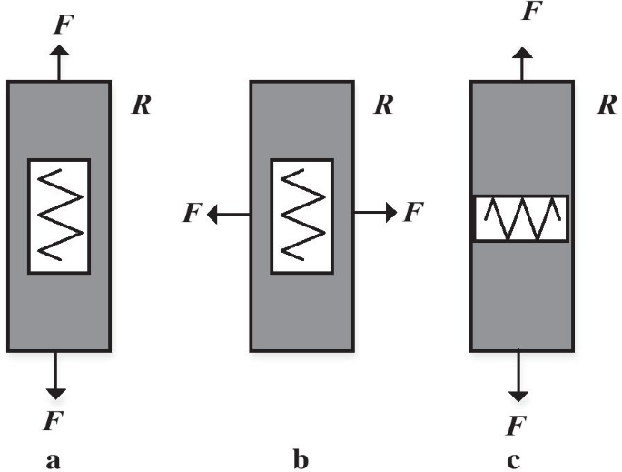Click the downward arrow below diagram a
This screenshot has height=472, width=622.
[x=56, y=374]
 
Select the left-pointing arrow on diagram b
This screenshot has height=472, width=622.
[x=228, y=214]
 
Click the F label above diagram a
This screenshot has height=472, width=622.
[x=60, y=25]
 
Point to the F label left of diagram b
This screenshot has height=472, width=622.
[x=192, y=214]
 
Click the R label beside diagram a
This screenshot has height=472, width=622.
[x=141, y=104]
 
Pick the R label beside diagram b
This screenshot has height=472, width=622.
[x=383, y=104]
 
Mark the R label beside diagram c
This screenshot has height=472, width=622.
[x=607, y=104]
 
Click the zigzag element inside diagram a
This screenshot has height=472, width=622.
[x=59, y=216]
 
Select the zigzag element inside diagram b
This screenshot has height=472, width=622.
[x=301, y=216]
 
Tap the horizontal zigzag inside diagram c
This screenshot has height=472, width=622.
[x=520, y=219]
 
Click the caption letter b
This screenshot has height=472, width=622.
[x=301, y=460]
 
